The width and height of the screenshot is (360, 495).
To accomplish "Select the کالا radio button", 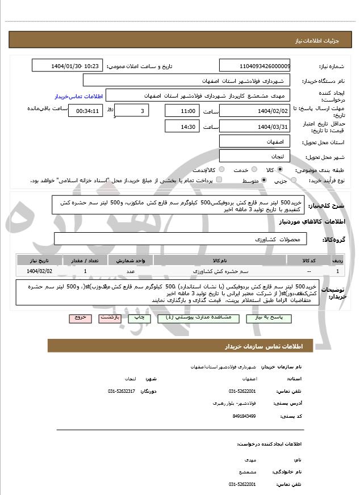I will [279, 169].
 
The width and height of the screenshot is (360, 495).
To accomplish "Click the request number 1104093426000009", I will [254, 66].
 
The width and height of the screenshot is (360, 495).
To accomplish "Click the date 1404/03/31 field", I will [254, 126].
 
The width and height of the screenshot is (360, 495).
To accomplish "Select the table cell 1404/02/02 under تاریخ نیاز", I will [39, 271].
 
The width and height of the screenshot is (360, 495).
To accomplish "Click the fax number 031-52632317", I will [122, 391].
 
